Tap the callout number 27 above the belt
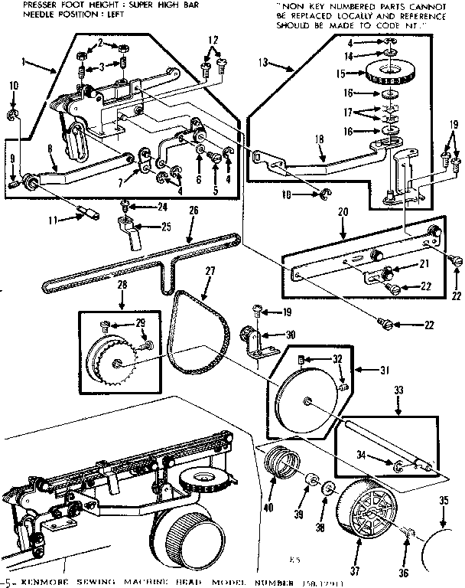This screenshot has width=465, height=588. (210, 270)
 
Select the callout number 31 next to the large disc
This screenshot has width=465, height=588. (385, 371)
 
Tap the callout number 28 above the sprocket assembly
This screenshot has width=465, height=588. (100, 286)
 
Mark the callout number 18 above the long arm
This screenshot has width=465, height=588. (320, 139)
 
